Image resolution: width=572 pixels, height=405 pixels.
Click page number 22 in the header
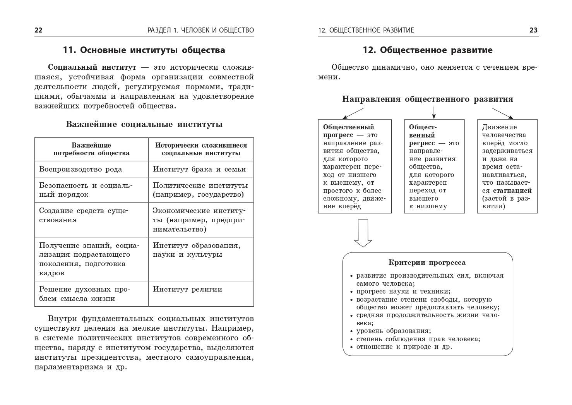(x=39, y=30)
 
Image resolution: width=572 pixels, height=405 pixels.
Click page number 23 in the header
(x=533, y=30)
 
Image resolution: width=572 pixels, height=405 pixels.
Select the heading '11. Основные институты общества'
(x=144, y=50)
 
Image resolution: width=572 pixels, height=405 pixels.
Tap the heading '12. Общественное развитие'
(x=428, y=50)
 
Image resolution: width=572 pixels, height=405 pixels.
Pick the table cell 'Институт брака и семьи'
(x=199, y=169)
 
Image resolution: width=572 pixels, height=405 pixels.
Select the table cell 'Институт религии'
(x=188, y=289)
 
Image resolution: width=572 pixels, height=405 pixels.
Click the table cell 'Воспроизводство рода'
(x=80, y=169)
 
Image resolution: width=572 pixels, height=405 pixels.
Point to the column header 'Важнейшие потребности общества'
(x=91, y=149)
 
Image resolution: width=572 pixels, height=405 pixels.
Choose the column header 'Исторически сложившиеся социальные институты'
(x=201, y=149)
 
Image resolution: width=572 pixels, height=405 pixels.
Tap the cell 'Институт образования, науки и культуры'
(x=197, y=250)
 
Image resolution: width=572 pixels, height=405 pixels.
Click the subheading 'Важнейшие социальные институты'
(x=144, y=124)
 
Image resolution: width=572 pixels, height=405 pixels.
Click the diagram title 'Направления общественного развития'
(x=428, y=99)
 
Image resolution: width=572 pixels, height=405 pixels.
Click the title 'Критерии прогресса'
(x=427, y=263)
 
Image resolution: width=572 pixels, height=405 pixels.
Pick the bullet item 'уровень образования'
(x=393, y=331)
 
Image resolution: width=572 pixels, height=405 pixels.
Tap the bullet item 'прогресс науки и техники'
(x=403, y=292)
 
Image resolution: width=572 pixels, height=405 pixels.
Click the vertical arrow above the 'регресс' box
(x=434, y=112)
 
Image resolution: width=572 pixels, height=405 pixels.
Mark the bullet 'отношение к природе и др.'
(x=404, y=347)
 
